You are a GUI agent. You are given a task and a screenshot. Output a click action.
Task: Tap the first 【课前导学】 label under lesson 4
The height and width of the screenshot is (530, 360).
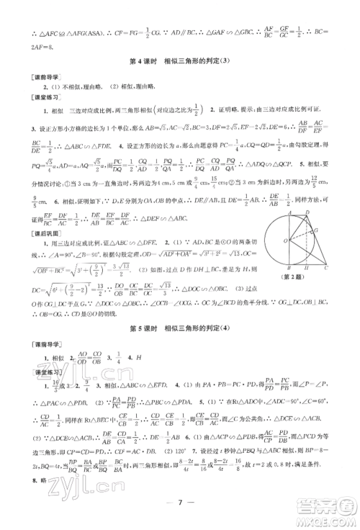(34, 76)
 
